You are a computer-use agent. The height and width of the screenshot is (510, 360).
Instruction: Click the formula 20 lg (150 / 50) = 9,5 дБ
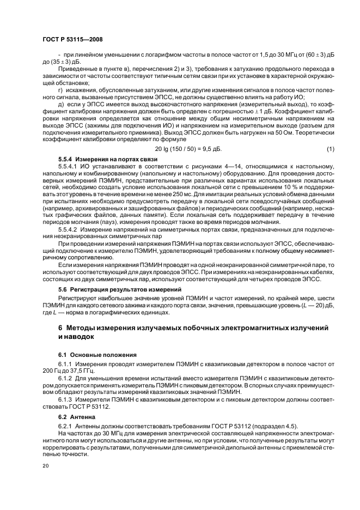point(188,149)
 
